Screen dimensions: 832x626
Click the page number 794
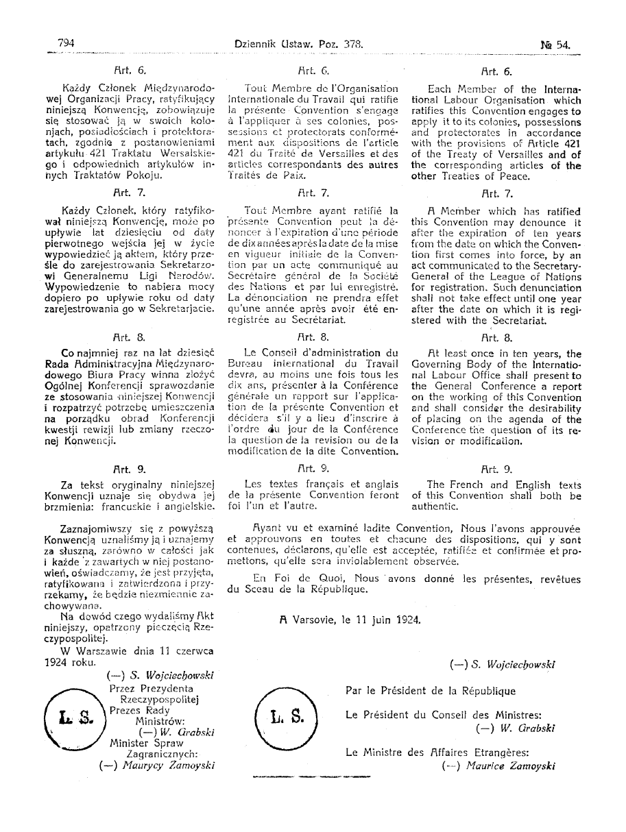[x=66, y=43]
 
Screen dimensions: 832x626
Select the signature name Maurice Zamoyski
[x=507, y=766]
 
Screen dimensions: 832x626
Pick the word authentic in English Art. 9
[x=435, y=506]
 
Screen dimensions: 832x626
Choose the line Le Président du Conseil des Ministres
[x=444, y=715]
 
